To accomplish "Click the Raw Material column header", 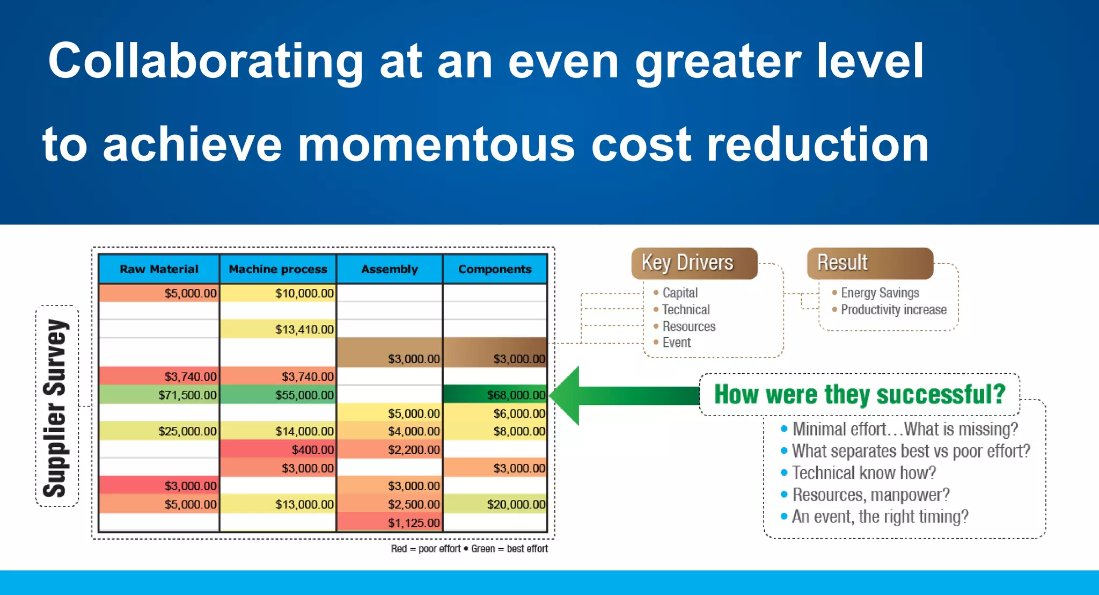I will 159,269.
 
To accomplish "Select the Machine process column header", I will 278,269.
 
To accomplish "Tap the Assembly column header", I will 390,269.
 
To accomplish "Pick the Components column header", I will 495,269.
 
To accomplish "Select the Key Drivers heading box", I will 694,263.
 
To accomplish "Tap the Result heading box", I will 870,263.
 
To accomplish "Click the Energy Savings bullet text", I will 880,293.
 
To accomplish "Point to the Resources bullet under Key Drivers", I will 688,326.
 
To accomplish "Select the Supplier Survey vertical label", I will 56,407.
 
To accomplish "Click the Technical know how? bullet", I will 863,473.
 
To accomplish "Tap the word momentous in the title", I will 436,145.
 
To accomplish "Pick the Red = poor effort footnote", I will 426,549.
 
